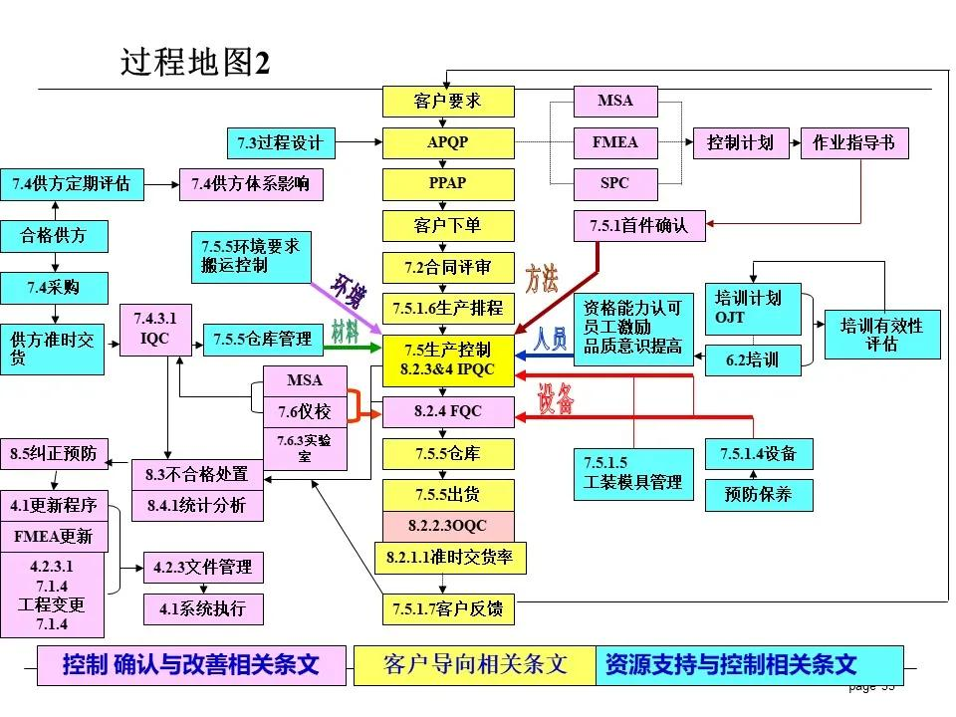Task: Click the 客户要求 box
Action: click(x=448, y=101)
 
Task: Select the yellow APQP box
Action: click(x=448, y=142)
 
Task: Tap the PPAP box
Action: click(x=448, y=184)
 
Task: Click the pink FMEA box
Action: click(x=615, y=142)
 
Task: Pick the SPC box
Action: click(x=615, y=184)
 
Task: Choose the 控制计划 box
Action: click(x=740, y=142)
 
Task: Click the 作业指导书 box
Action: click(x=854, y=142)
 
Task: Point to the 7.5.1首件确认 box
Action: click(x=639, y=226)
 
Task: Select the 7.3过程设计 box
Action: click(x=281, y=142)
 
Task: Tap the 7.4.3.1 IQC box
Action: click(x=154, y=329)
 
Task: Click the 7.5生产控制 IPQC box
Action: click(x=448, y=359)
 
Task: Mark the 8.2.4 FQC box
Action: click(x=448, y=410)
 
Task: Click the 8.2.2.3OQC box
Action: click(x=448, y=525)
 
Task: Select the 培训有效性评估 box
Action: click(x=881, y=335)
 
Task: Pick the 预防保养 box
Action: click(x=759, y=494)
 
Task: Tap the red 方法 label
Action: click(x=542, y=278)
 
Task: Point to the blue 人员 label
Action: click(x=550, y=339)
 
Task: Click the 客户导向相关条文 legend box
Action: click(x=475, y=665)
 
